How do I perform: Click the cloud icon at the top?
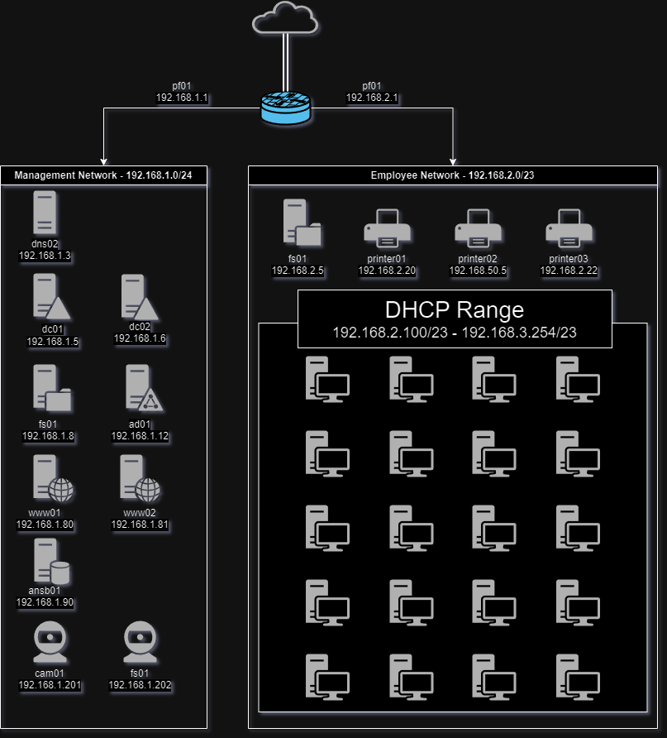point(285,18)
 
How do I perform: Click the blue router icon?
point(286,108)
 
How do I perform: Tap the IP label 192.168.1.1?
point(182,98)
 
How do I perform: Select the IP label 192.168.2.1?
point(372,98)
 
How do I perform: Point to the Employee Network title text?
point(452,175)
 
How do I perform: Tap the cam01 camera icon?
point(50,643)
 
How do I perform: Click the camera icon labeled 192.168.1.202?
point(140,643)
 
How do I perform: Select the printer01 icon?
point(387,229)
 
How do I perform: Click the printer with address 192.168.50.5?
point(478,229)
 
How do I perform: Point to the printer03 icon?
point(569,229)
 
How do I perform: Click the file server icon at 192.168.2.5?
point(299,223)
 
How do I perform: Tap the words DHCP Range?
point(454,310)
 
